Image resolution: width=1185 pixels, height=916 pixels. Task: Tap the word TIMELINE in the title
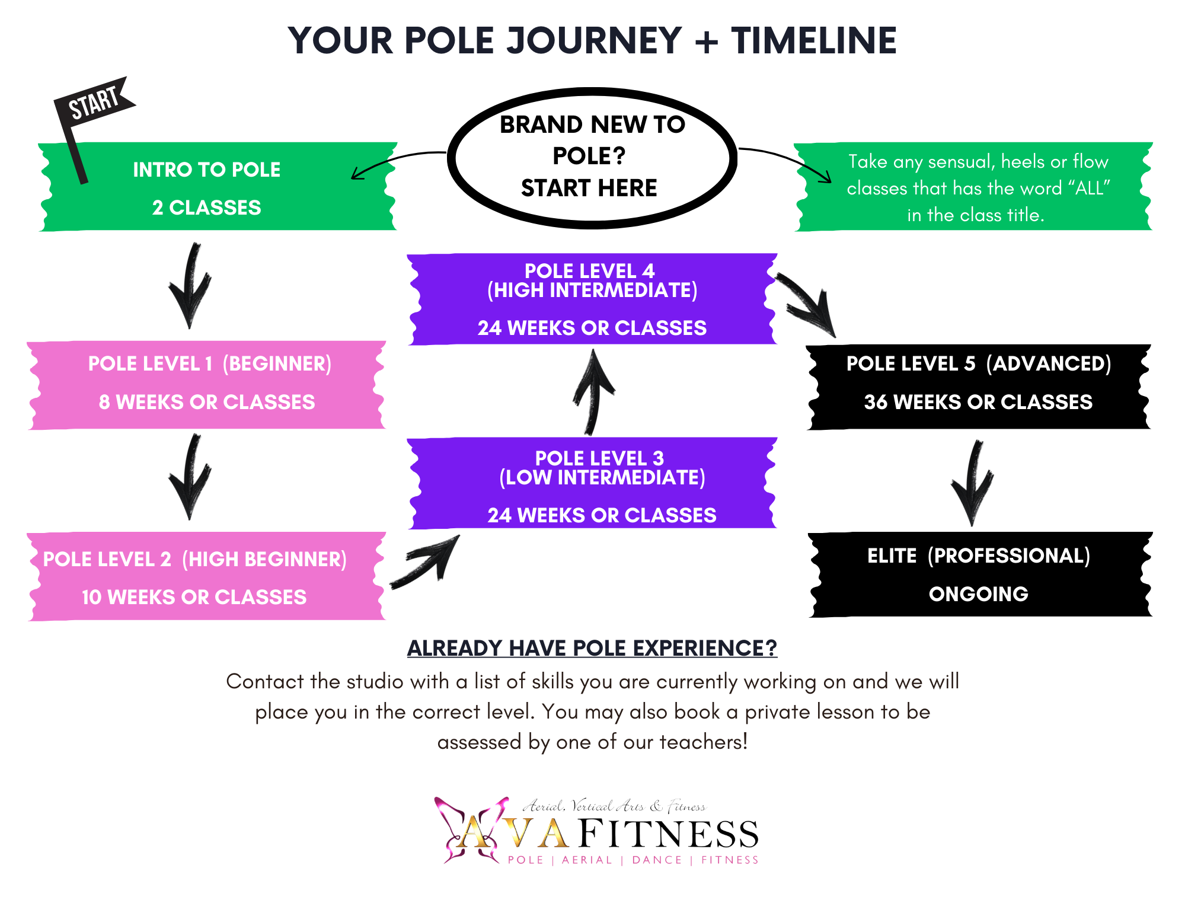tap(813, 41)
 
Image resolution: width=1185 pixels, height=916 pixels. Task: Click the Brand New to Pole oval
tap(592, 157)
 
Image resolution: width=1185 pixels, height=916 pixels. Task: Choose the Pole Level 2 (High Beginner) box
tap(206, 577)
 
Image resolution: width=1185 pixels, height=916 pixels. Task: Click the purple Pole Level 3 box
tap(592, 483)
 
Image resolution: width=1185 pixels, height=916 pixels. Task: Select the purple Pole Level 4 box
tap(592, 299)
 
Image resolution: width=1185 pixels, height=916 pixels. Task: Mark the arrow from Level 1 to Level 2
tap(190, 478)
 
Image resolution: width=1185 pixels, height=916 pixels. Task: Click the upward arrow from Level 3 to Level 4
tap(593, 391)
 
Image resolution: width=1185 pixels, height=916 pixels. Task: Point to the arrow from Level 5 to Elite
tap(973, 484)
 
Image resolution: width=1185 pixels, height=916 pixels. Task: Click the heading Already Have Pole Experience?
tap(592, 648)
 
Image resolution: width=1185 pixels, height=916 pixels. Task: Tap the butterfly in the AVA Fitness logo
tap(468, 830)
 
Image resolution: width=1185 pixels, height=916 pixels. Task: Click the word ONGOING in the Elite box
tap(978, 594)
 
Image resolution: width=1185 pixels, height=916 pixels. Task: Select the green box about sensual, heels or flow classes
tap(976, 187)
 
